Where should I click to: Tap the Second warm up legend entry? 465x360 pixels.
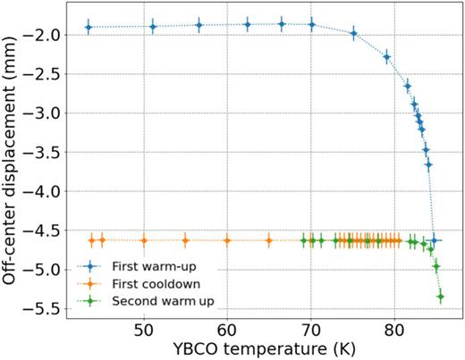(x=153, y=299)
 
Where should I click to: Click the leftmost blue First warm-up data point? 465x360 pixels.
(x=89, y=28)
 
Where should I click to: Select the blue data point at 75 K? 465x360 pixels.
(x=353, y=34)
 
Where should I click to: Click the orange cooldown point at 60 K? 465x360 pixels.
(x=227, y=240)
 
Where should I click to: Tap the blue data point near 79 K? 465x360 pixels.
(x=387, y=56)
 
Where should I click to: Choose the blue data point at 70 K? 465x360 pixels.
(x=311, y=25)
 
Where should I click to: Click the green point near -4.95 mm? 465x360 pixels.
(x=436, y=266)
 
